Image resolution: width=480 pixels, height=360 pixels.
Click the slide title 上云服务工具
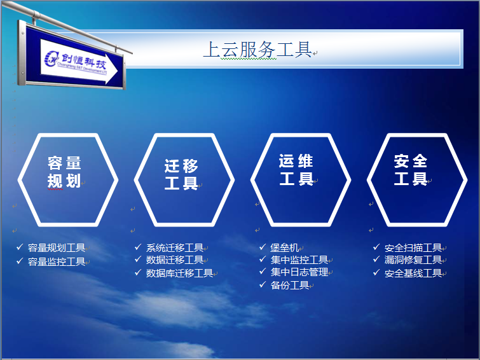click(257, 50)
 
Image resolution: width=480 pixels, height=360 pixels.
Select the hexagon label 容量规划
click(64, 172)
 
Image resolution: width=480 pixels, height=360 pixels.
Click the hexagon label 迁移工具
click(181, 174)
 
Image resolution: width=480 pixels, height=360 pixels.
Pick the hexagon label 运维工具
click(296, 170)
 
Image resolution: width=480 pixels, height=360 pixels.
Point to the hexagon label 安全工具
click(411, 170)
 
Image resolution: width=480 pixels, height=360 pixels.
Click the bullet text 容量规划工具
click(57, 247)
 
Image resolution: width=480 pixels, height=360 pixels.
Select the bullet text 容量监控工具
click(57, 261)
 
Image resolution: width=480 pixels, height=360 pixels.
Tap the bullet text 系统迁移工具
click(175, 247)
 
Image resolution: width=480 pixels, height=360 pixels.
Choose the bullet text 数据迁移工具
click(175, 260)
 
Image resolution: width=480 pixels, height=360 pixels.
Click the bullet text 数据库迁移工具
click(179, 273)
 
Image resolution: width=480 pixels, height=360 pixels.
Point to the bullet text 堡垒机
click(284, 247)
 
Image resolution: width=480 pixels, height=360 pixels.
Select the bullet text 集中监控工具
click(299, 260)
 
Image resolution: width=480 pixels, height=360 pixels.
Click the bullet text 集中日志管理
click(299, 272)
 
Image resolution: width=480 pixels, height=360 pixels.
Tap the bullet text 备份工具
click(290, 285)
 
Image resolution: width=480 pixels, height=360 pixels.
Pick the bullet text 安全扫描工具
click(413, 247)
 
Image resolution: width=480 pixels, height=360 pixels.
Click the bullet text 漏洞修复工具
click(413, 260)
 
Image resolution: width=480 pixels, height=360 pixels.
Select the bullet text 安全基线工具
click(413, 273)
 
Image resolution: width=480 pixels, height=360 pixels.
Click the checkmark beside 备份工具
click(263, 285)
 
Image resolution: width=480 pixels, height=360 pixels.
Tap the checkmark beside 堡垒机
click(263, 247)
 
